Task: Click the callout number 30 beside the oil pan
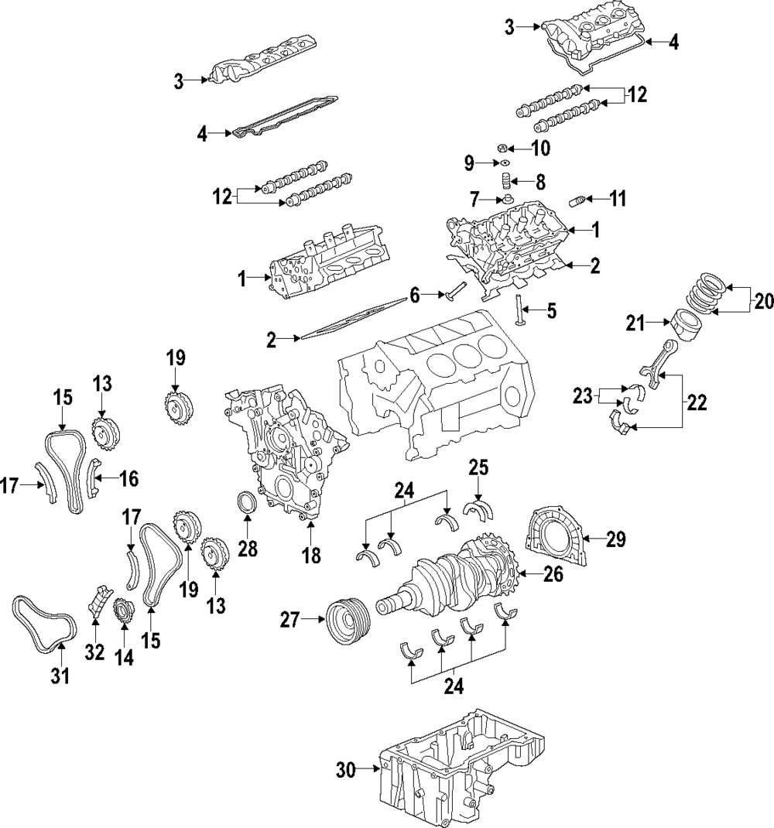[x=347, y=771]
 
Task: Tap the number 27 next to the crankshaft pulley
[x=289, y=620]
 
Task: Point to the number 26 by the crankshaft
[x=553, y=574]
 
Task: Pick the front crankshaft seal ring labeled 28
[x=246, y=501]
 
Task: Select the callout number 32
[x=95, y=653]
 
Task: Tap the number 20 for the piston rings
[x=762, y=302]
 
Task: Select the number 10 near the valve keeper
[x=540, y=149]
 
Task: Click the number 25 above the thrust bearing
[x=478, y=467]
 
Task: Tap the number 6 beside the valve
[x=415, y=296]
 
